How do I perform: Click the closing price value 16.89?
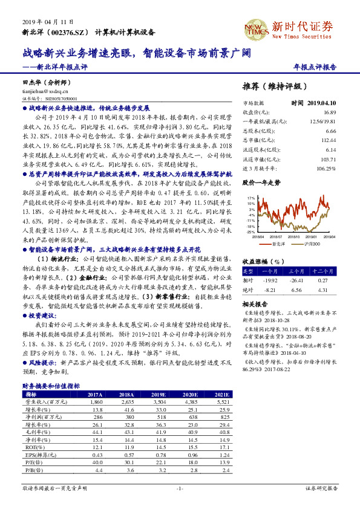point(329,112)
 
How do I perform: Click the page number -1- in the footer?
point(180,487)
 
